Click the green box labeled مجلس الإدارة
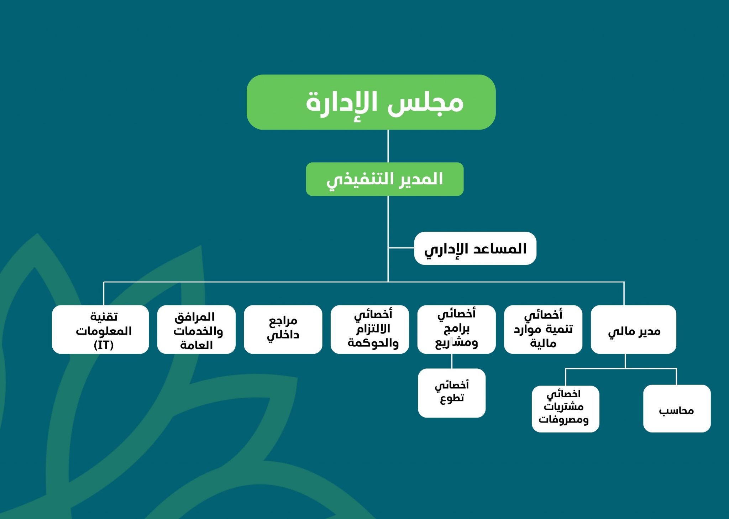371,102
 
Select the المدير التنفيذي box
385,179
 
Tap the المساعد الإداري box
475,248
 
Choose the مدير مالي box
634,329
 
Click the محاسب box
677,409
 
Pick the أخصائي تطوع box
452,393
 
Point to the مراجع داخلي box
283,329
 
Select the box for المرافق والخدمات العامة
196,329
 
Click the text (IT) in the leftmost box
104,345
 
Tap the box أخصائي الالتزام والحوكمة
370,329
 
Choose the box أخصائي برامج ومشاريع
456,329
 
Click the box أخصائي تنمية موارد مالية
543,329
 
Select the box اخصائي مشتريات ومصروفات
566,409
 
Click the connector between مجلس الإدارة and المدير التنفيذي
388,146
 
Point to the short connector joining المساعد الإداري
401,248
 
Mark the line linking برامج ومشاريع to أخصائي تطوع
452,361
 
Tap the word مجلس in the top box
425,103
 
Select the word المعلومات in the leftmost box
104,331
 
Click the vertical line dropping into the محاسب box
676,377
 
